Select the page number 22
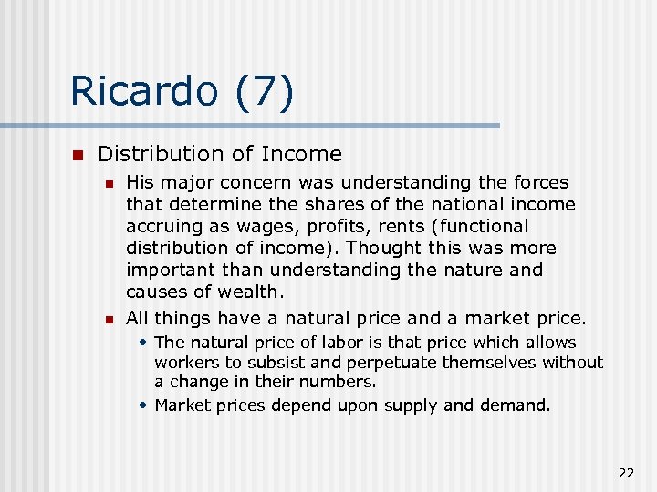(x=626, y=472)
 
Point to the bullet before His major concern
(x=109, y=183)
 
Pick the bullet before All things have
(x=109, y=319)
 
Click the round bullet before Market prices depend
(x=144, y=405)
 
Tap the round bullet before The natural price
(x=144, y=343)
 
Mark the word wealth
(x=248, y=292)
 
